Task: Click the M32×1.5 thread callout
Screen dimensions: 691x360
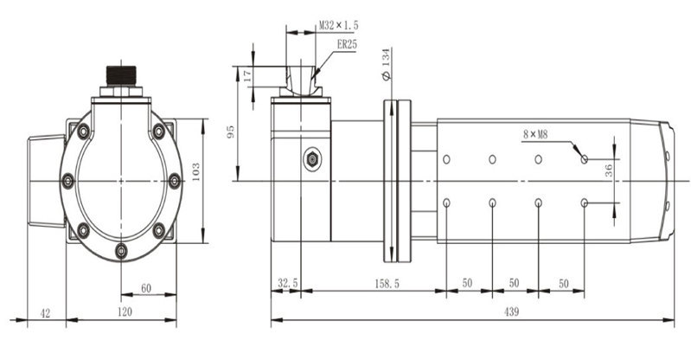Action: [338, 26]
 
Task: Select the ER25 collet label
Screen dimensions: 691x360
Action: [347, 44]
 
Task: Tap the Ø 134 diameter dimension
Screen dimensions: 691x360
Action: [386, 64]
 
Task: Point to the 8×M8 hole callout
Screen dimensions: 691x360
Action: [535, 134]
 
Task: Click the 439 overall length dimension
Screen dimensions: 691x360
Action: [511, 312]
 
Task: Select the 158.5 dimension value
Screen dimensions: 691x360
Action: [387, 284]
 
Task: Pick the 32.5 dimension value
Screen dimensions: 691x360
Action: [288, 283]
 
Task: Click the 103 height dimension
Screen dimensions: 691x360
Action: [195, 171]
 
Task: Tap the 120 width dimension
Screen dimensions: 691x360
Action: [125, 312]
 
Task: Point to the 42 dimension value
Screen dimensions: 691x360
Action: [45, 313]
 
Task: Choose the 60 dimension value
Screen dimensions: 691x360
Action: [146, 288]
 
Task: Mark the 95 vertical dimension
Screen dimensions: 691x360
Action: [231, 132]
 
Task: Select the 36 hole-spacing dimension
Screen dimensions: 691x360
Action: [609, 170]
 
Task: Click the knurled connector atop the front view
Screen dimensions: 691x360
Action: [121, 75]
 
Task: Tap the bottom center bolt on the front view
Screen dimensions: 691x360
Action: [121, 251]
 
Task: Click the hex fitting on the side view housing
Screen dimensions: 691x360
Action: [312, 159]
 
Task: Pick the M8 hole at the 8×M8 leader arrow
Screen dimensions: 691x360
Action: [585, 159]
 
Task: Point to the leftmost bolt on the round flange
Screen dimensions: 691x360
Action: [67, 181]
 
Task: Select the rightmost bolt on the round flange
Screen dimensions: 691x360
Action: [175, 181]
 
